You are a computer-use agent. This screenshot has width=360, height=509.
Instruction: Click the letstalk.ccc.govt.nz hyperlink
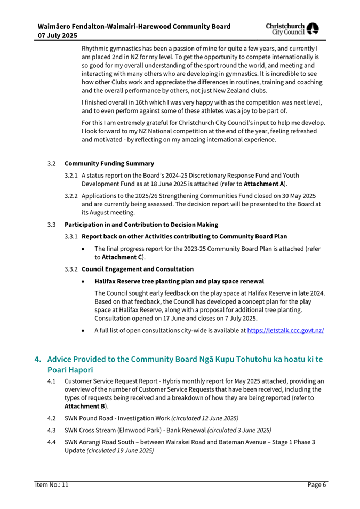tap(285, 331)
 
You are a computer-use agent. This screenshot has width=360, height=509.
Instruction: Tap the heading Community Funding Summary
tap(109, 163)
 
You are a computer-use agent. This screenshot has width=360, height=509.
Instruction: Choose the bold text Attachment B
tap(87, 406)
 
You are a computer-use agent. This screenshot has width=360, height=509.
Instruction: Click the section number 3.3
tap(52, 225)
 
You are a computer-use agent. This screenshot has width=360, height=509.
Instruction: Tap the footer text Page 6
tap(317, 484)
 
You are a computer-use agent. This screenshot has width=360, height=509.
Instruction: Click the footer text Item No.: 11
tap(52, 484)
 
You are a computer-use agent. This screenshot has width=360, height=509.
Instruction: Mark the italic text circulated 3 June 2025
tap(239, 430)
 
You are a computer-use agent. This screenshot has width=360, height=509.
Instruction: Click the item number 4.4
tap(52, 442)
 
